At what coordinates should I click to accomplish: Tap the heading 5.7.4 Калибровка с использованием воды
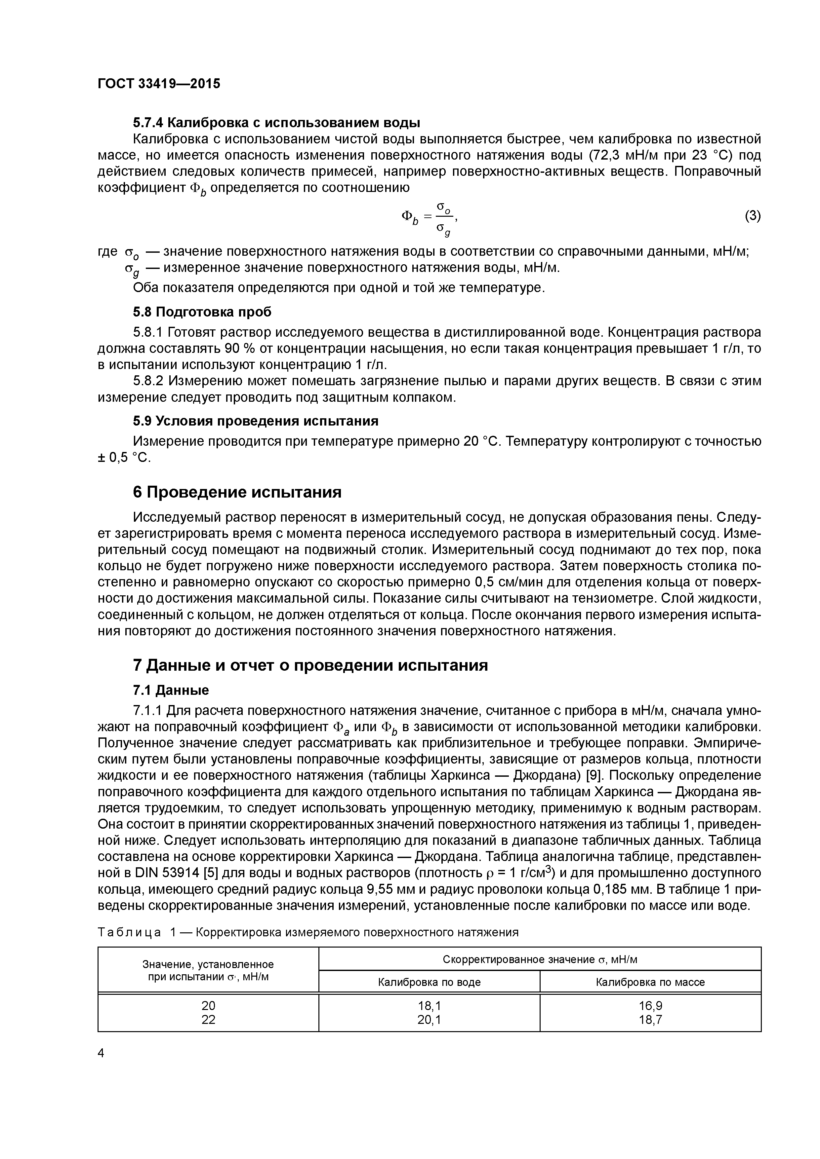tap(276, 123)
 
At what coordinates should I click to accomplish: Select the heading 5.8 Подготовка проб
tap(202, 312)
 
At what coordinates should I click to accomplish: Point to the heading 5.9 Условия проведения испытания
tap(256, 421)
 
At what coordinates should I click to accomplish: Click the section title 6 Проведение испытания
tap(237, 492)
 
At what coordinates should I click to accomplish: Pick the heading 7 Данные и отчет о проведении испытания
tap(310, 665)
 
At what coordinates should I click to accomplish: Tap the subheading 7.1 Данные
tap(171, 690)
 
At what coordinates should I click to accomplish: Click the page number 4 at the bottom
tap(101, 1053)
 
